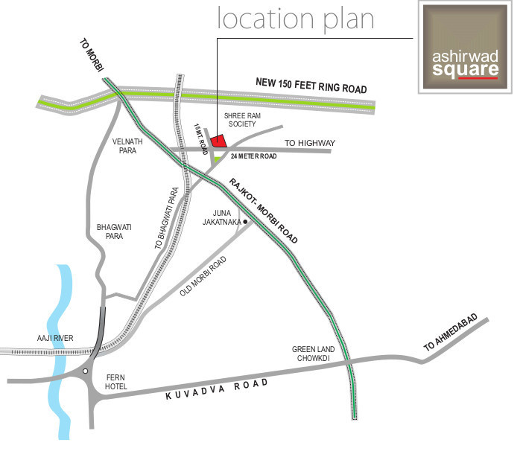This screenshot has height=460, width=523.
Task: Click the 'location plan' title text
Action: click(295, 19)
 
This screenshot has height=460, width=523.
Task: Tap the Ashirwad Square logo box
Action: click(466, 48)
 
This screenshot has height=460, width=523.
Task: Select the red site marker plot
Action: click(218, 140)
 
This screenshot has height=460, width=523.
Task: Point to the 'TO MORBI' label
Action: click(92, 54)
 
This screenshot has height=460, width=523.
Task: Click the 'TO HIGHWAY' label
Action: click(310, 143)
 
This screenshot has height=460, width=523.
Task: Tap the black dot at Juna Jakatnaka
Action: click(244, 222)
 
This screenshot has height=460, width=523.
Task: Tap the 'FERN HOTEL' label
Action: click(116, 382)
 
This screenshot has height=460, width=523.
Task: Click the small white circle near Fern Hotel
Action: click(86, 371)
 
